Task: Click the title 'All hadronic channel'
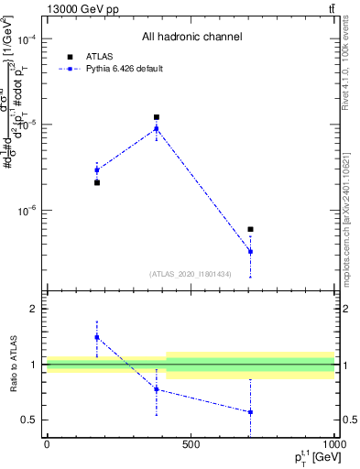[191, 38]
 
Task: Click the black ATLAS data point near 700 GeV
[250, 229]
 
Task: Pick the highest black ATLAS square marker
[157, 117]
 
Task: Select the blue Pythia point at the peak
[157, 128]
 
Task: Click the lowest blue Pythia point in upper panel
[250, 251]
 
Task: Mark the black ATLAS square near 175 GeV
[97, 182]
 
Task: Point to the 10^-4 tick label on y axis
[26, 40]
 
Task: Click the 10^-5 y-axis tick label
[26, 125]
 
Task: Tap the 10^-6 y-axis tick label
[26, 210]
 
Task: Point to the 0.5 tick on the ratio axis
[32, 420]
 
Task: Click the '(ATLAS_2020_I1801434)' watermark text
[191, 273]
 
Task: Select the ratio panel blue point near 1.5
[97, 337]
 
